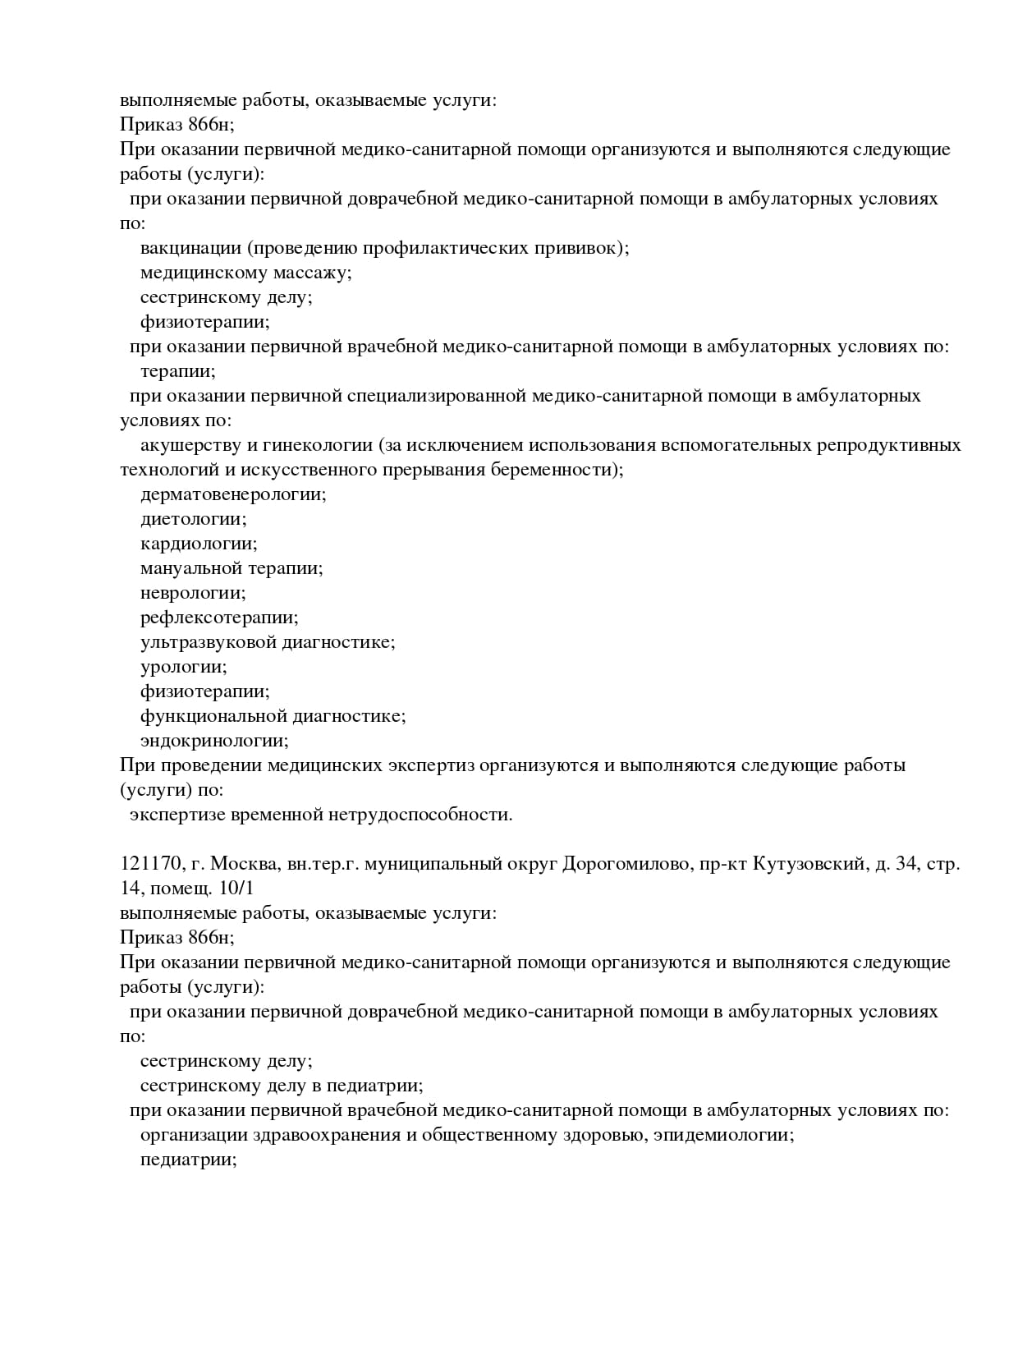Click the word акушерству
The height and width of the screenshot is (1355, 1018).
tap(190, 445)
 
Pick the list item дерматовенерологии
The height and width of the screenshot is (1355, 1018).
tap(233, 494)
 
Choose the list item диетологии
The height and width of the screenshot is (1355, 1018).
tap(194, 519)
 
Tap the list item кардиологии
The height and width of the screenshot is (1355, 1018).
tap(199, 544)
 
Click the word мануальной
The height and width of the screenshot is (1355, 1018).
tap(191, 568)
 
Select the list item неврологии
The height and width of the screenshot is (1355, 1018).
tap(193, 593)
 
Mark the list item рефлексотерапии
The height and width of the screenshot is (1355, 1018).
tap(219, 618)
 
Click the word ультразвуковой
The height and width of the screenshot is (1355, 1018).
tap(208, 642)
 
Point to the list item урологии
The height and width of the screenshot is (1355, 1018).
tap(184, 667)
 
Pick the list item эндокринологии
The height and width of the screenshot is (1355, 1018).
tap(214, 741)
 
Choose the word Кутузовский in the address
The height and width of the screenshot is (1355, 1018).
tap(809, 864)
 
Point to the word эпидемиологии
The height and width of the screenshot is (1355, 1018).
tap(723, 1136)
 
